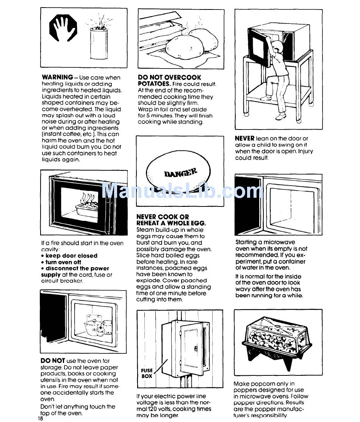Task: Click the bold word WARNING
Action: click(x=57, y=77)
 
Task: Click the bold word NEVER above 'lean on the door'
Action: click(x=245, y=139)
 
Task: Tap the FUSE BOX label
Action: click(x=147, y=373)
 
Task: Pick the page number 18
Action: click(x=41, y=418)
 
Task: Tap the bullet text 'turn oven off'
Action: click(x=63, y=262)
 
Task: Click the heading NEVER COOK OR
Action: click(x=163, y=217)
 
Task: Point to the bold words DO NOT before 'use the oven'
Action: click(x=53, y=361)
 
